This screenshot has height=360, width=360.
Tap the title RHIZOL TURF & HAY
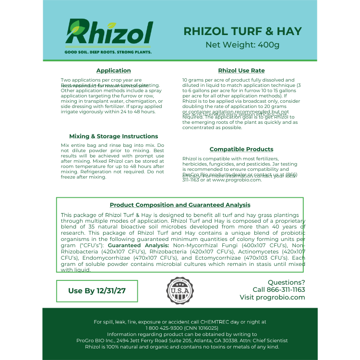tap(242, 31)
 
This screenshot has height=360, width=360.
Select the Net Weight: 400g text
tap(242, 45)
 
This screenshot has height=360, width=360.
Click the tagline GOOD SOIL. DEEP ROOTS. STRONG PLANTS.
tap(108, 51)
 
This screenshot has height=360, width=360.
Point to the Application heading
tap(113, 71)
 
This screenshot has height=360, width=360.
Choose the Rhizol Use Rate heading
tap(241, 71)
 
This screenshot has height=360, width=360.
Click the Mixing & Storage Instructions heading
tap(113, 136)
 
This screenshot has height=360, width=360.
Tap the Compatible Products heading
tap(241, 149)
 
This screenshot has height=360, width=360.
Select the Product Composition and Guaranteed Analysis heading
tap(180, 205)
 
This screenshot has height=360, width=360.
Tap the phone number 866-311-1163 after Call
tap(287, 290)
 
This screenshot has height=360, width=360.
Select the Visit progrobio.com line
tap(272, 298)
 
